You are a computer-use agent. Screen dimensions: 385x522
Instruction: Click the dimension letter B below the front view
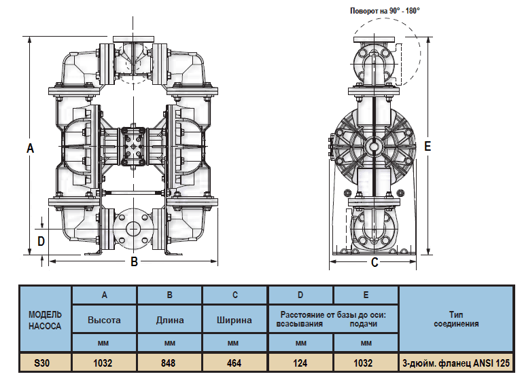tap(135, 262)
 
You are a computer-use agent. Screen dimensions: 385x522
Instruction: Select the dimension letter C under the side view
tap(375, 263)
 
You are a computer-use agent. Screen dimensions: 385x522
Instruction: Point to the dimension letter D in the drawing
tap(41, 240)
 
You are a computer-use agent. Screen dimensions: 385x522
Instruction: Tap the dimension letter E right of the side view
tap(427, 147)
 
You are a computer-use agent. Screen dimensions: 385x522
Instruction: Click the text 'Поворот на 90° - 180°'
tap(385, 11)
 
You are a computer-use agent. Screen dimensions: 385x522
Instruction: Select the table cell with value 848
tap(169, 363)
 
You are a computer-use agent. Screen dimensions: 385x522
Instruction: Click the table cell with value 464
tap(234, 363)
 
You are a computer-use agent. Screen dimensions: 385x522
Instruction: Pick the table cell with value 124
tap(300, 363)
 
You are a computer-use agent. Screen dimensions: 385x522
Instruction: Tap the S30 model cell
tap(45, 363)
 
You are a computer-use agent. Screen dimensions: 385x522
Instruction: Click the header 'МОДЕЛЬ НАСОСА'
tap(45, 320)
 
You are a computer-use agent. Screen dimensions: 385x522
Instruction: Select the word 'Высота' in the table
tap(104, 320)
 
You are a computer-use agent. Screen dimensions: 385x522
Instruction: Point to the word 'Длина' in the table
tap(169, 320)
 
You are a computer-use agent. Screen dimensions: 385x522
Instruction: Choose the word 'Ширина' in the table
tap(234, 320)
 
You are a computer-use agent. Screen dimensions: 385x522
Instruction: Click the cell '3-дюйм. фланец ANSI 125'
tap(455, 363)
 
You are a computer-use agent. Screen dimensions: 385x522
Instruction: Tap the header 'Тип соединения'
tap(455, 319)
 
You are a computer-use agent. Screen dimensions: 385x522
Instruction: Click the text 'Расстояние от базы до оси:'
tap(332, 314)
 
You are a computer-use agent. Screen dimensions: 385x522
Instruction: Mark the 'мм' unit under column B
tap(169, 344)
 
